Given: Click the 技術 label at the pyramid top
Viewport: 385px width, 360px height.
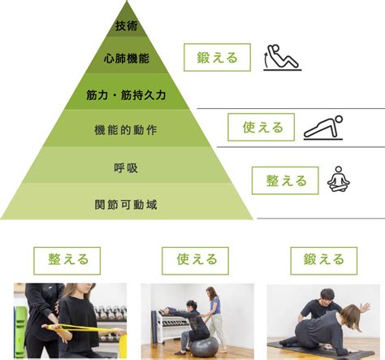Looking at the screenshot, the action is (127, 26).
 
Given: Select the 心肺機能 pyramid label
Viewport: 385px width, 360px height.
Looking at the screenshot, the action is (127, 59).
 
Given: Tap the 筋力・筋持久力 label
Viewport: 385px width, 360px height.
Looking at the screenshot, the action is (126, 95).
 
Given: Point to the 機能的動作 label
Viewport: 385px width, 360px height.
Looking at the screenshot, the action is (126, 130).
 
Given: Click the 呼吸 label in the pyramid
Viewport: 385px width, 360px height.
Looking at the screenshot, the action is (126, 168).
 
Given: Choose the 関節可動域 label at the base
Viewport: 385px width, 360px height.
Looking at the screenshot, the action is (126, 205).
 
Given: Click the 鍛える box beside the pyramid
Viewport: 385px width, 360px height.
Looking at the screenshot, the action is (217, 58).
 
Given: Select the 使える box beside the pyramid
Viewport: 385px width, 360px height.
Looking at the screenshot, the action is (261, 127).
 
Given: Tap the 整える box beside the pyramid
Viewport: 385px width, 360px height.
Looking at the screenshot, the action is (285, 180).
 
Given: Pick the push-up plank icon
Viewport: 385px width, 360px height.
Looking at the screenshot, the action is (323, 128).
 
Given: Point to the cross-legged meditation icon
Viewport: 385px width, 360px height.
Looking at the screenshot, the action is (339, 180).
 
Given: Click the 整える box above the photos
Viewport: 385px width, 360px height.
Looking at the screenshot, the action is (67, 261).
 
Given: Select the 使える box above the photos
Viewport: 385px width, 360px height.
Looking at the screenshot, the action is (195, 261).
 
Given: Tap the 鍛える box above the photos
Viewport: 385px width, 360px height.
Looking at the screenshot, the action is (324, 261).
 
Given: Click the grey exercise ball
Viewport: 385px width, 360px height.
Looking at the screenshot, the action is (204, 346).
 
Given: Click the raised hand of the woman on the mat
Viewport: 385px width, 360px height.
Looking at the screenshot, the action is (365, 307).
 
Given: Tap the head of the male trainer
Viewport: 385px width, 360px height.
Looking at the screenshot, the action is (327, 297).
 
